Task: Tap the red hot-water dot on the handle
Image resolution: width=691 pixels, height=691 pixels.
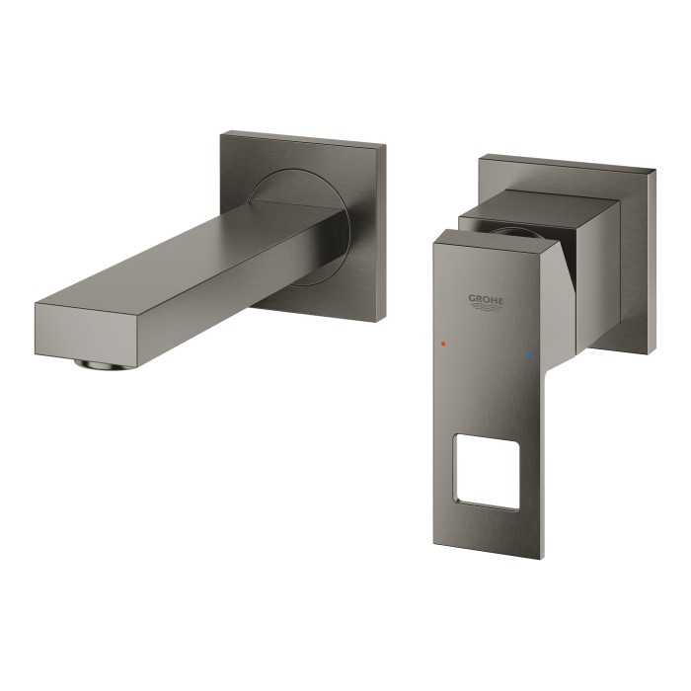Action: (x=444, y=346)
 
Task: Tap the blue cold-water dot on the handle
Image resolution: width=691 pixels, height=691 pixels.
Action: (x=530, y=351)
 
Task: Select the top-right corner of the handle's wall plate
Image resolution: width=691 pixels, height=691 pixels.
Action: (x=654, y=171)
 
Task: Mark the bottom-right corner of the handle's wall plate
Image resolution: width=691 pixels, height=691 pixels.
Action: (x=652, y=351)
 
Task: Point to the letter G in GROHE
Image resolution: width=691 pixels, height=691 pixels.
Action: (x=471, y=298)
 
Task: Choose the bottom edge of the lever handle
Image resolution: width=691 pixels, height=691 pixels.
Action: (x=484, y=554)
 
